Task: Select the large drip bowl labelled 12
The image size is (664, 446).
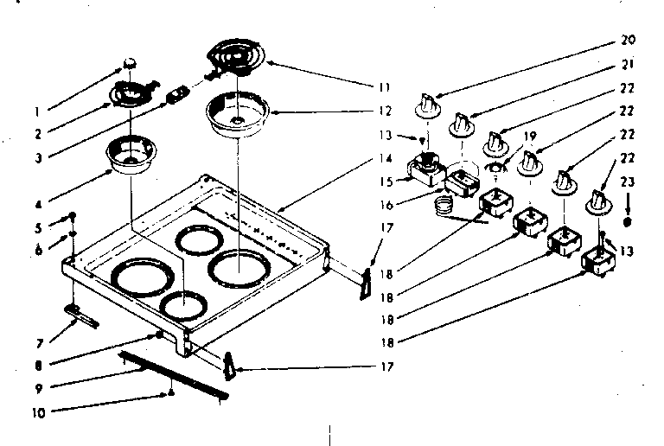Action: point(236,116)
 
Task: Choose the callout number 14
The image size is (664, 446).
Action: point(386,159)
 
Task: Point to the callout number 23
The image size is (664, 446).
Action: point(628,182)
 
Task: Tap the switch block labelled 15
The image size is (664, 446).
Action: point(425,169)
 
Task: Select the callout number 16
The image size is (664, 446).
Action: point(386,206)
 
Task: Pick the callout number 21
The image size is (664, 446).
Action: point(628,64)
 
